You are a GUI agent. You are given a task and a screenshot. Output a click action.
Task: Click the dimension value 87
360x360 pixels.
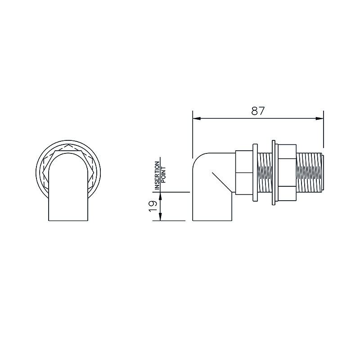[x=258, y=111]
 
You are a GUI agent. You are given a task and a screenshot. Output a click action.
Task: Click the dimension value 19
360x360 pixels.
[x=153, y=207]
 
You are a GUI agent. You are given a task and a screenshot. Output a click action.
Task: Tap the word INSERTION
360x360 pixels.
[x=157, y=175]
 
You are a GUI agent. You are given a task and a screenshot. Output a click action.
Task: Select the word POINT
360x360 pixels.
[x=163, y=175]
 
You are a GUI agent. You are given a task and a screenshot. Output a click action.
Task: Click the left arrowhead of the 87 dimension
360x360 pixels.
[x=197, y=118]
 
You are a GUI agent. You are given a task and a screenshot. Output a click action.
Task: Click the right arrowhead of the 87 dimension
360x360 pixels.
[x=319, y=118]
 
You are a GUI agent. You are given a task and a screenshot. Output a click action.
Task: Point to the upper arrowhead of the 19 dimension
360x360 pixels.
[x=160, y=196]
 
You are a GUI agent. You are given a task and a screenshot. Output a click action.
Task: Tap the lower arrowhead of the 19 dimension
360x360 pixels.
[x=160, y=217]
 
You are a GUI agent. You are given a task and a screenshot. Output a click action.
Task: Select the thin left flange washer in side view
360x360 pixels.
[x=255, y=173]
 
